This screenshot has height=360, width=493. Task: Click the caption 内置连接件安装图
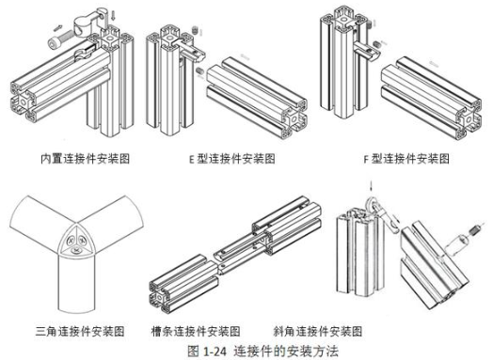[85, 158]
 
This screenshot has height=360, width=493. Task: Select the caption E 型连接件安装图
[232, 158]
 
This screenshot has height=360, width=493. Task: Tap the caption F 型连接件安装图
[406, 158]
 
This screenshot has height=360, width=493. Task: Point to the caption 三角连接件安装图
[80, 331]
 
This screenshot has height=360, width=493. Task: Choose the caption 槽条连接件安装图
[196, 331]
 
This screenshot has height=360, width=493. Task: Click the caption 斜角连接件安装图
[318, 331]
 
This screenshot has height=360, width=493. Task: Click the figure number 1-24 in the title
[215, 351]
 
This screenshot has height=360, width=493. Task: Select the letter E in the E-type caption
[192, 159]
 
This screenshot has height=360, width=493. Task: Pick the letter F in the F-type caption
[366, 159]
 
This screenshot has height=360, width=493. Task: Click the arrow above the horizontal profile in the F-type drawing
[435, 64]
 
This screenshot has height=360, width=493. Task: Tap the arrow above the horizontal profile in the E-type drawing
[245, 56]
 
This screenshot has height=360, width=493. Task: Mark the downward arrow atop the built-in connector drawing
[114, 15]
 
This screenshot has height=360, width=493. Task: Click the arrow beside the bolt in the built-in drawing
[58, 28]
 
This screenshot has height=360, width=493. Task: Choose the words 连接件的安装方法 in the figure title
[285, 351]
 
